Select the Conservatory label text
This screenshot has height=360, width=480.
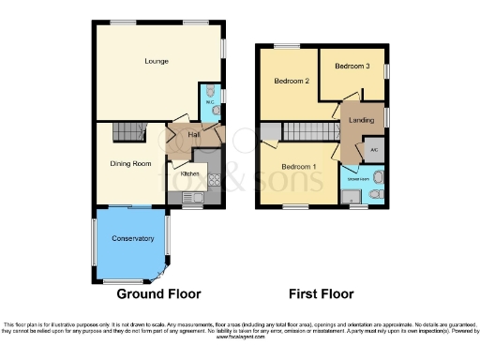(132, 238)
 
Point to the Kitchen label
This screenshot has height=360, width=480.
(189, 173)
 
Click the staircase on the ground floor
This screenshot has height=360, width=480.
(130, 132)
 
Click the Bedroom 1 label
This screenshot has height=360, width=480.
(300, 167)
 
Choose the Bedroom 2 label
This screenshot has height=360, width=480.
(292, 82)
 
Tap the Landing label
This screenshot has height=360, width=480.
(361, 120)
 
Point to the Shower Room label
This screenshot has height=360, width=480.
(358, 177)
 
